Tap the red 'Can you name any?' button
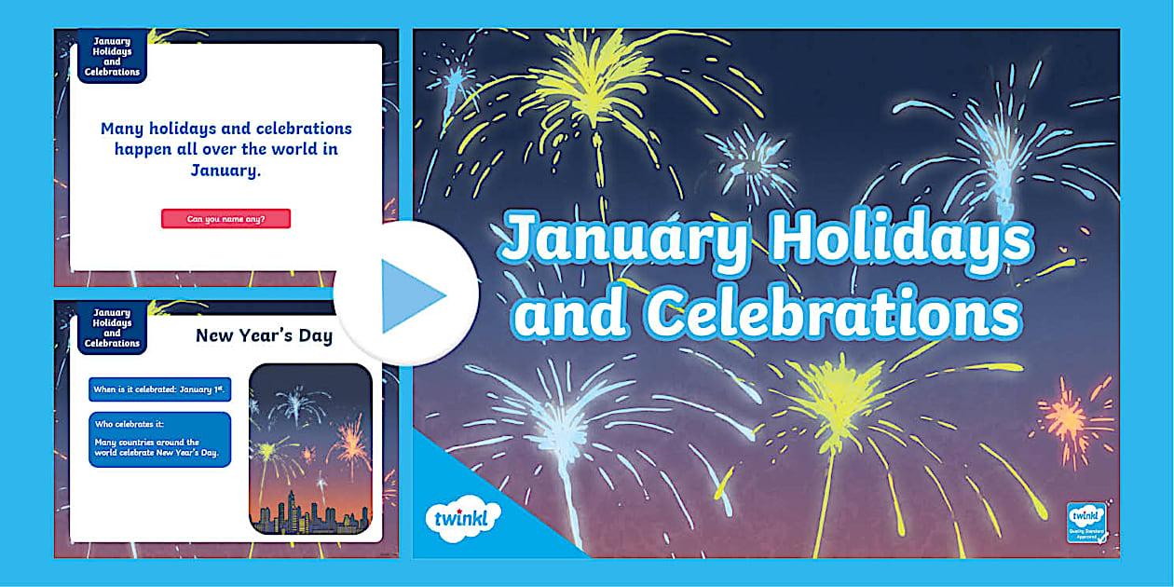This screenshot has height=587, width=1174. tap(225, 219)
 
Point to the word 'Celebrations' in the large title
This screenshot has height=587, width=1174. tap(833, 314)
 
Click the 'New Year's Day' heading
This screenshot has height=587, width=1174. tap(264, 335)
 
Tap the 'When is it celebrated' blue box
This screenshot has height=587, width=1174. tap(159, 389)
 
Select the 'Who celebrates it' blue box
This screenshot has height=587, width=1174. tap(159, 439)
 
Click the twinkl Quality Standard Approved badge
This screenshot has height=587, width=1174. tap(1086, 523)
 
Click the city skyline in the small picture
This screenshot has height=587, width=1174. tap(310, 513)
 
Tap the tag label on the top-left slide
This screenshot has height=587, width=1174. tap(112, 56)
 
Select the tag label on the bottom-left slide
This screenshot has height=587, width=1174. tap(112, 328)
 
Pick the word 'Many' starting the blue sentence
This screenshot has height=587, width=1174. tap(121, 129)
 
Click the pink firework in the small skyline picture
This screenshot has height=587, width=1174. tap(349, 441)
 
